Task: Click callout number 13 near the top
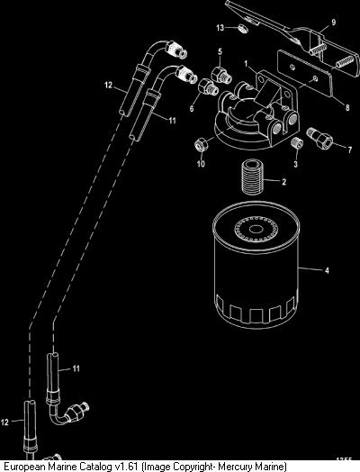click(x=220, y=28)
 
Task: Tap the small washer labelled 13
click(x=242, y=29)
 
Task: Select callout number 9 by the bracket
click(x=333, y=23)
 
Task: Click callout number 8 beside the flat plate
click(x=347, y=107)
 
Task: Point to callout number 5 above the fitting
click(x=220, y=51)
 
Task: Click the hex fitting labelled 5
click(x=221, y=76)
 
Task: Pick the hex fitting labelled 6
click(x=208, y=87)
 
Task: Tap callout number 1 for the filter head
click(x=247, y=64)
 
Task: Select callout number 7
click(x=349, y=150)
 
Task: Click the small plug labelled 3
click(x=296, y=142)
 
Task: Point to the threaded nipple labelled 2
click(x=253, y=177)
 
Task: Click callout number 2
click(x=283, y=182)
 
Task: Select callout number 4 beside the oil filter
click(x=327, y=270)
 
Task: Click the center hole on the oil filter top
click(x=256, y=230)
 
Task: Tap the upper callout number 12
click(x=109, y=86)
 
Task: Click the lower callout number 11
click(x=76, y=368)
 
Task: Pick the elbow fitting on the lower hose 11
click(x=68, y=413)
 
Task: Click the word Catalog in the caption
click(x=94, y=467)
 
